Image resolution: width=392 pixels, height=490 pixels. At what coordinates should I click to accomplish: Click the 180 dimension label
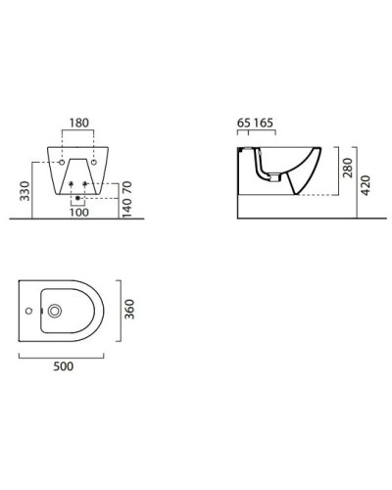79,122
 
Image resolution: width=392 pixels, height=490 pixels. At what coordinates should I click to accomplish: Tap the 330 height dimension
24,191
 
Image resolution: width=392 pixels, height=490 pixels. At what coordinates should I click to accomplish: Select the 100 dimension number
79,213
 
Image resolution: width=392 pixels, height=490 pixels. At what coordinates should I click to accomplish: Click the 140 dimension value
127,208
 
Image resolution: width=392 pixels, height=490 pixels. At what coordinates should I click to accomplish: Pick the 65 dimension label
244,122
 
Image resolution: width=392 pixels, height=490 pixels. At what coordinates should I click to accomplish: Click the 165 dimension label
264,122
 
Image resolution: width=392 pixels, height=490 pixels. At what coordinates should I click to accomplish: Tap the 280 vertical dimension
348,168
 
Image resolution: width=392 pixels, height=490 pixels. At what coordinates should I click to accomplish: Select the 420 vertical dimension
366,185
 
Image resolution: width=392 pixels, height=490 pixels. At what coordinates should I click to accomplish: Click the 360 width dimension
129,309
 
